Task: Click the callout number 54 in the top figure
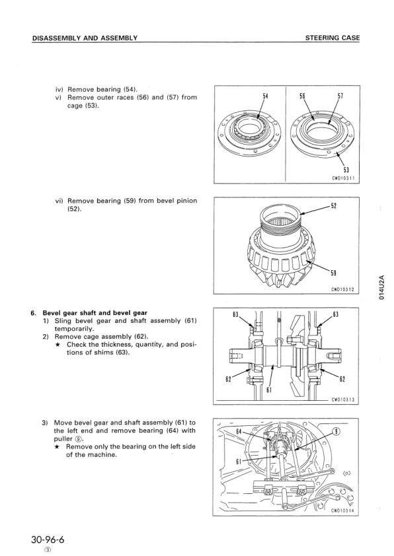point(265,96)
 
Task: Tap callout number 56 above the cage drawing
point(303,96)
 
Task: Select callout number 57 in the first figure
point(340,96)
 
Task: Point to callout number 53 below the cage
point(346,169)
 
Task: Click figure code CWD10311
point(343,178)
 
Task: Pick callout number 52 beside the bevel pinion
point(334,205)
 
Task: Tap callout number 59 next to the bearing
point(334,273)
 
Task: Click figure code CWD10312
point(343,289)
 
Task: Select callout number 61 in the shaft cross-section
point(269,390)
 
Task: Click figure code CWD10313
point(343,400)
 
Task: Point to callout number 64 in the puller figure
point(239,431)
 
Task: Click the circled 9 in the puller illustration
point(336,432)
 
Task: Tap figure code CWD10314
point(343,511)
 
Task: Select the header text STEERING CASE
point(333,38)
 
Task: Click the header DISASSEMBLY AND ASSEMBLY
point(85,38)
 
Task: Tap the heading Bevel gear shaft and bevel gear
point(95,313)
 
